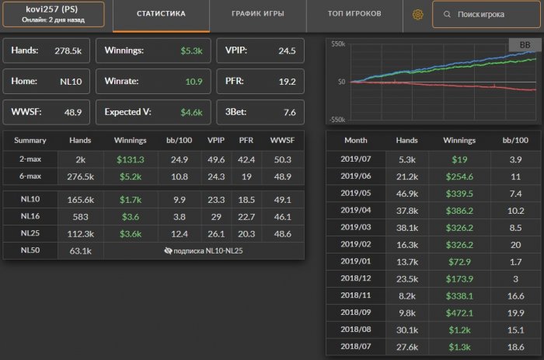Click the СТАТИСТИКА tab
coord(161,14)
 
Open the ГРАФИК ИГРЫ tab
coord(257,14)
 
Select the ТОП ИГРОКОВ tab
coord(355,14)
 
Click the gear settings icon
coord(417,15)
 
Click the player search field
coord(486,15)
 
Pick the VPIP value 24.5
coord(287,51)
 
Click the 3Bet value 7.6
coord(290,112)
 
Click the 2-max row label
coord(30,159)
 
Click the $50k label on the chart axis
coord(337,44)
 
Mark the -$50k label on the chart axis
coord(337,119)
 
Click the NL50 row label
coord(30,250)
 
